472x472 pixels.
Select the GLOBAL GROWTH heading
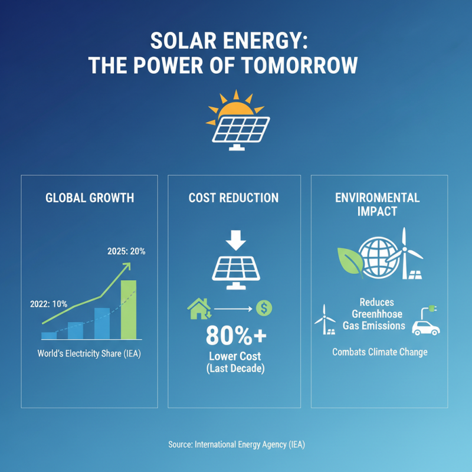coord(90,198)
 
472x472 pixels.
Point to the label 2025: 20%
coord(126,251)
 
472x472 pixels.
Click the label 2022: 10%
coord(48,304)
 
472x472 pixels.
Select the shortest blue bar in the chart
coord(48,335)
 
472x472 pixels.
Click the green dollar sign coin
coord(264,307)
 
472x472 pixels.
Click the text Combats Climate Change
coord(380,352)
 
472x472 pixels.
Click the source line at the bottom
coord(235,444)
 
